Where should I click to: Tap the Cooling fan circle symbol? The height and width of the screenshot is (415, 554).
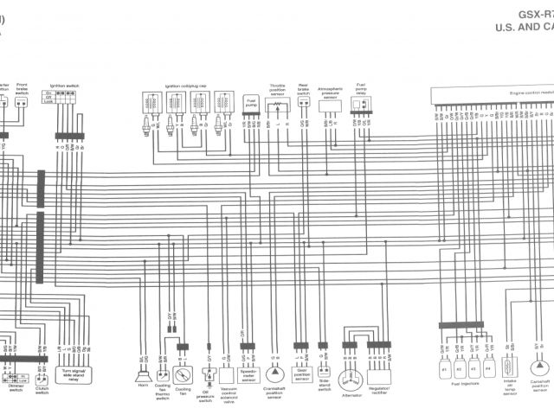183,375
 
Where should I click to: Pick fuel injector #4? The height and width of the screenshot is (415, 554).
489,368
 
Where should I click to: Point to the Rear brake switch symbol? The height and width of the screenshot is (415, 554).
304,101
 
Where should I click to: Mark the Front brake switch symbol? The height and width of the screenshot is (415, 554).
21,102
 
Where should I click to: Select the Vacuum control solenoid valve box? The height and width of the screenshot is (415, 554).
227,375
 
